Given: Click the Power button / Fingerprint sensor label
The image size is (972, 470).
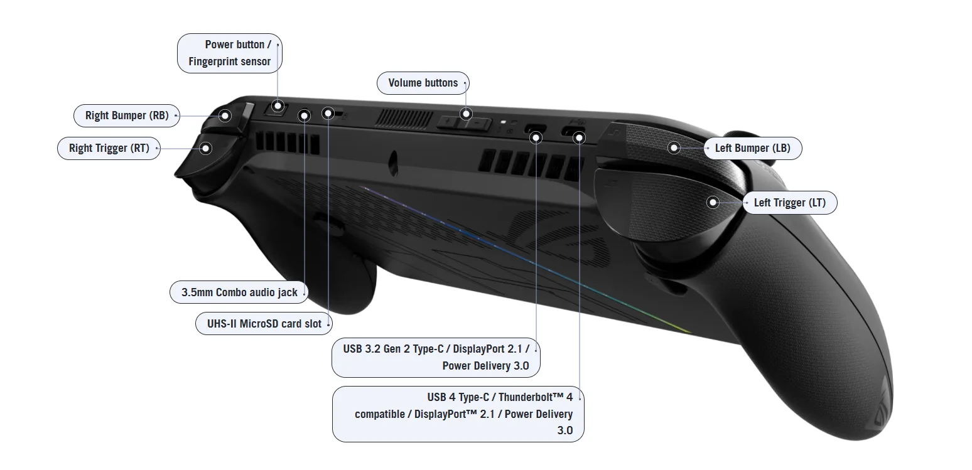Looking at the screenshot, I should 230,53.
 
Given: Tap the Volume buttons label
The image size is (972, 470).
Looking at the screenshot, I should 423,83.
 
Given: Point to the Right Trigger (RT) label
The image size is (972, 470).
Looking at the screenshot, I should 109,149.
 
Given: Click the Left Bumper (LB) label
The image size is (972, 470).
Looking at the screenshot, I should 752,148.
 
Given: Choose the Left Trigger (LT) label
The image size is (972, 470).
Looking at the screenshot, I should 789,203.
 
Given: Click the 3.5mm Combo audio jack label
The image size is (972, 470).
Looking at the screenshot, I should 239,292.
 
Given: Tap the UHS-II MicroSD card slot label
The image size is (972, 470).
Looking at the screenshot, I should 264,324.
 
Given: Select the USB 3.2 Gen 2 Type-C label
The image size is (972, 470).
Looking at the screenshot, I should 436,357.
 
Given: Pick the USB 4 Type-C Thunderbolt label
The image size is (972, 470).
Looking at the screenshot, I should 458,414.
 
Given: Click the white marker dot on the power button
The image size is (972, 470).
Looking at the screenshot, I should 278,106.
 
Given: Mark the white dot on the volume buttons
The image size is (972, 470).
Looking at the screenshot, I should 466,114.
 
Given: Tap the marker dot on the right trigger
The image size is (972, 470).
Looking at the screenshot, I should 205,149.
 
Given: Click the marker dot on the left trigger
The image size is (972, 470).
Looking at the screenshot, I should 713,203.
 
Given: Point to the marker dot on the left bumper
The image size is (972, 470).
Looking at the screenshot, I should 674,148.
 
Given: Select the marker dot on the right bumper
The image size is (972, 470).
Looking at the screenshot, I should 225,115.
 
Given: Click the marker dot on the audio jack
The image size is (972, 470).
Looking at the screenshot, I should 304,115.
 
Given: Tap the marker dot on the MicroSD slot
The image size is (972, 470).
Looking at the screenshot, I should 328,114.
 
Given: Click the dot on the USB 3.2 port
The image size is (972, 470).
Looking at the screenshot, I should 536,137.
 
